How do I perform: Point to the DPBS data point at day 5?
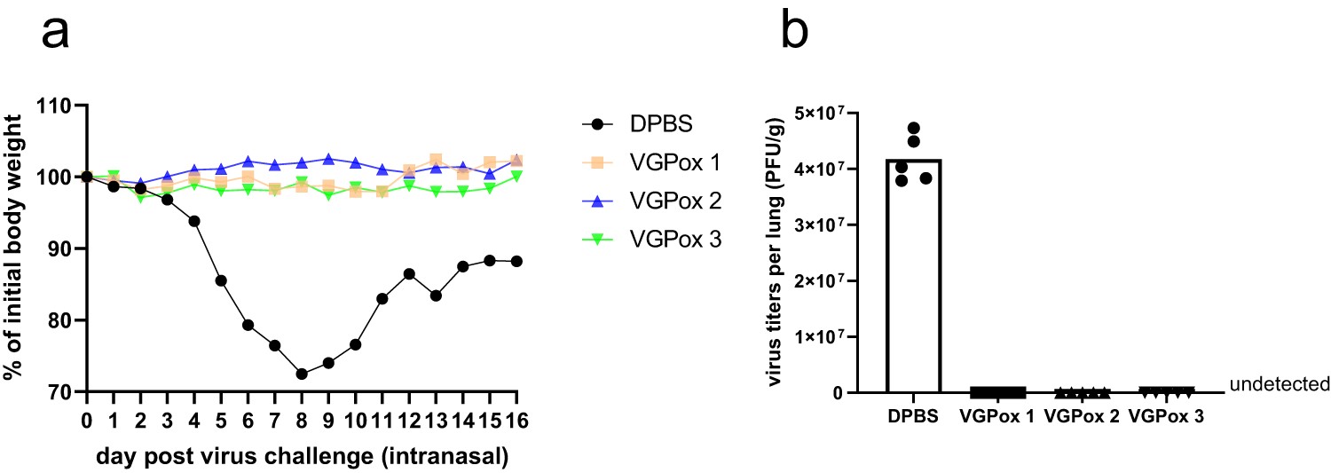pos(221,280)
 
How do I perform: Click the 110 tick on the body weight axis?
pos(58,106)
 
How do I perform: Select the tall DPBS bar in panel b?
pos(913,275)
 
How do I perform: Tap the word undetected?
pos(1279,384)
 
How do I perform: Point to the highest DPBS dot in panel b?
pos(913,128)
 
